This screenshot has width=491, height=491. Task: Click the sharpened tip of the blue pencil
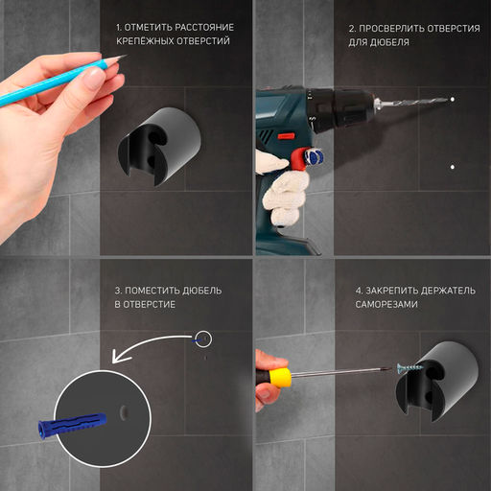click(x=127, y=56)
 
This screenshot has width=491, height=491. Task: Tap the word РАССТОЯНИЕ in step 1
click(x=204, y=28)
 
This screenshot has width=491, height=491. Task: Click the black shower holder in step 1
click(x=159, y=147)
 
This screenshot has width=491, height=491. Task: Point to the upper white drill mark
click(x=453, y=100)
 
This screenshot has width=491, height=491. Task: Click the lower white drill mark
click(x=453, y=167)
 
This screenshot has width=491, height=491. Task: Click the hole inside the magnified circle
click(x=124, y=413)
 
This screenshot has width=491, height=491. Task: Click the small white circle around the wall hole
click(x=203, y=339)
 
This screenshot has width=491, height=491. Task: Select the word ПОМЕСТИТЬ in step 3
click(x=152, y=291)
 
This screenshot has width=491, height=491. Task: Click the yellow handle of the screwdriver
click(x=280, y=377)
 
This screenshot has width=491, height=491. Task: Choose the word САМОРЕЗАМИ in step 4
click(x=386, y=304)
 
